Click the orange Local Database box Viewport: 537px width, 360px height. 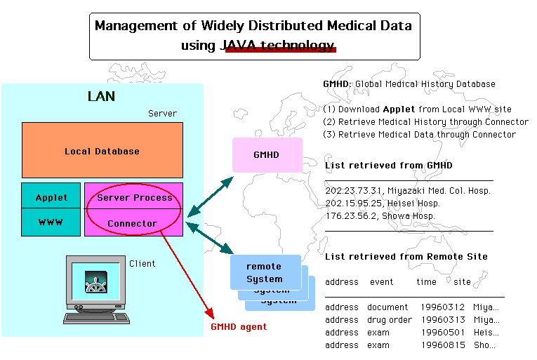click(102, 151)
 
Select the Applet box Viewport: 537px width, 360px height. click(51, 197)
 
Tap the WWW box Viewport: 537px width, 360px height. click(51, 223)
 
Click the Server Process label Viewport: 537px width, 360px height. click(134, 198)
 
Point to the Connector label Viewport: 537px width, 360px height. click(132, 224)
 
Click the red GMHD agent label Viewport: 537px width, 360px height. click(239, 327)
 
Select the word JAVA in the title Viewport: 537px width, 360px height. click(241, 46)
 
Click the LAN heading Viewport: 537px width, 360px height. click(101, 97)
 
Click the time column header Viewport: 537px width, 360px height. click(426, 282)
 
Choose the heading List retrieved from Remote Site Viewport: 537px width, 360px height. click(406, 257)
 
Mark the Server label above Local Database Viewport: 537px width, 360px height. click(162, 114)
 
